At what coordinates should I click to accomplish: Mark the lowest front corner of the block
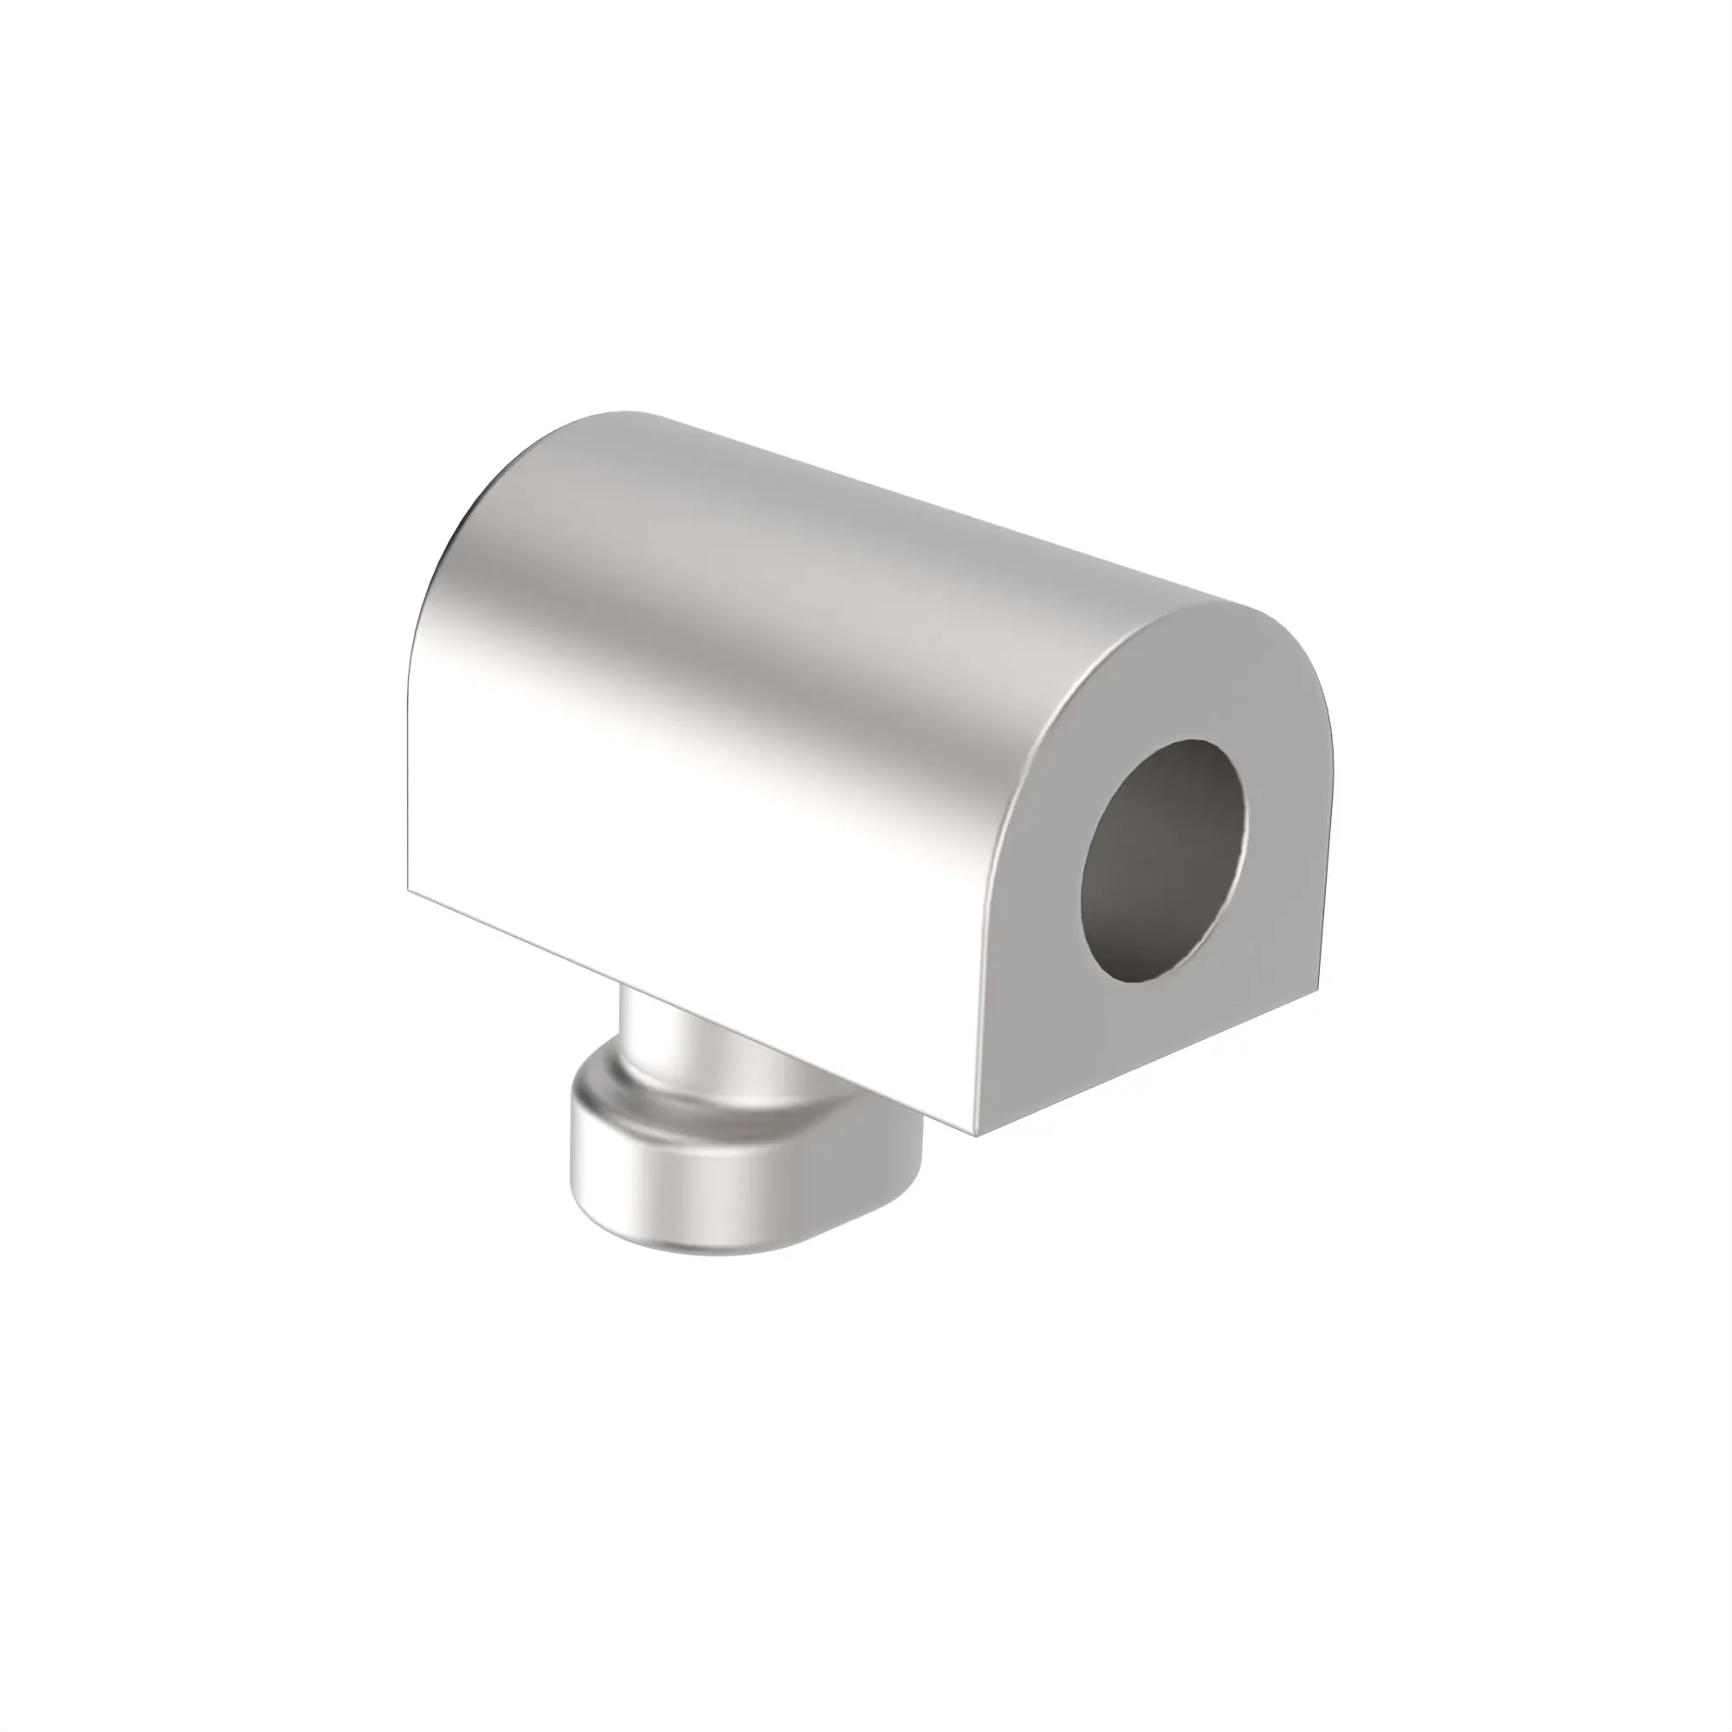[x=976, y=1135]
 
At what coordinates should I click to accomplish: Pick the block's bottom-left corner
[x=409, y=891]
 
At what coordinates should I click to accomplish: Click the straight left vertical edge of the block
[x=409, y=762]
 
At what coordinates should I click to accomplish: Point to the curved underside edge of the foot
[x=682, y=1248]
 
